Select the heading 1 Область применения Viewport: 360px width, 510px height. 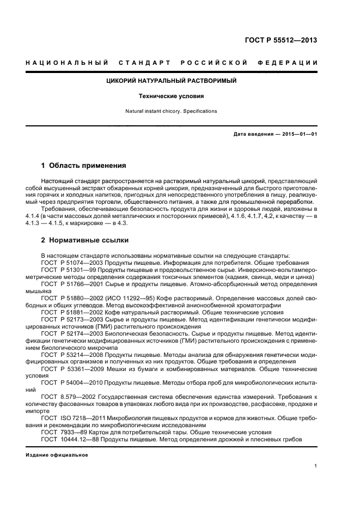tap(83, 165)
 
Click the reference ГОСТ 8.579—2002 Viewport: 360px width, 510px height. tap(65, 398)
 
